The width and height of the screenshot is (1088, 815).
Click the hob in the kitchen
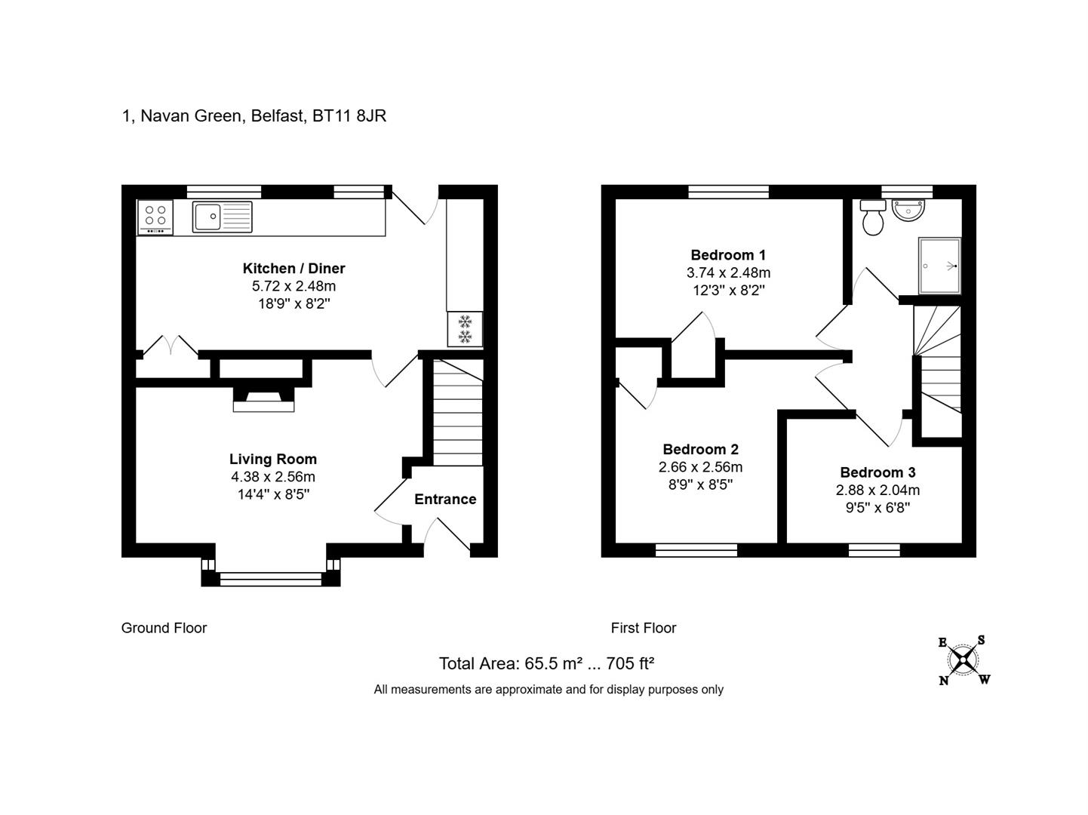pos(155,217)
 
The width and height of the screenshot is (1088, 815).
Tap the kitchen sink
pos(222,217)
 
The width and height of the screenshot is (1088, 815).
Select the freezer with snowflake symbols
pos(465,329)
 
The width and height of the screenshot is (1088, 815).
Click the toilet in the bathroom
pos(873,217)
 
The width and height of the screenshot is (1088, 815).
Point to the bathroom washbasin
pos(908,209)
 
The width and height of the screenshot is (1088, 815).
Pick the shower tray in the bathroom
pos(939,266)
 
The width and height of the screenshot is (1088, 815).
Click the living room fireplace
pos(263,399)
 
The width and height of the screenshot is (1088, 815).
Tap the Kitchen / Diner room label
pos(294,268)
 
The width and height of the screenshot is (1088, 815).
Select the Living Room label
pos(273,459)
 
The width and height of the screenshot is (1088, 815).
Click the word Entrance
pos(445,500)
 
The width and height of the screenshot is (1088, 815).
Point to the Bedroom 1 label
pos(728,255)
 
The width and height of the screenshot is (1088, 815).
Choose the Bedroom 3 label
pos(877,472)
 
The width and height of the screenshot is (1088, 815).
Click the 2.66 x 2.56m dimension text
pos(700,467)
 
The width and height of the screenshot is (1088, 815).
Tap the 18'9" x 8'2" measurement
pos(294,303)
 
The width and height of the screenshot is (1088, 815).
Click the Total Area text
pos(546,663)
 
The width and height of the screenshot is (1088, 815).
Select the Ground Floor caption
pos(164,628)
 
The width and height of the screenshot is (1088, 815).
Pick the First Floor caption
pos(644,628)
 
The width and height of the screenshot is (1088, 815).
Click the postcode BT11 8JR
pos(349,116)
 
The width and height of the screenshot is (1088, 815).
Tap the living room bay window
pos(271,579)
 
